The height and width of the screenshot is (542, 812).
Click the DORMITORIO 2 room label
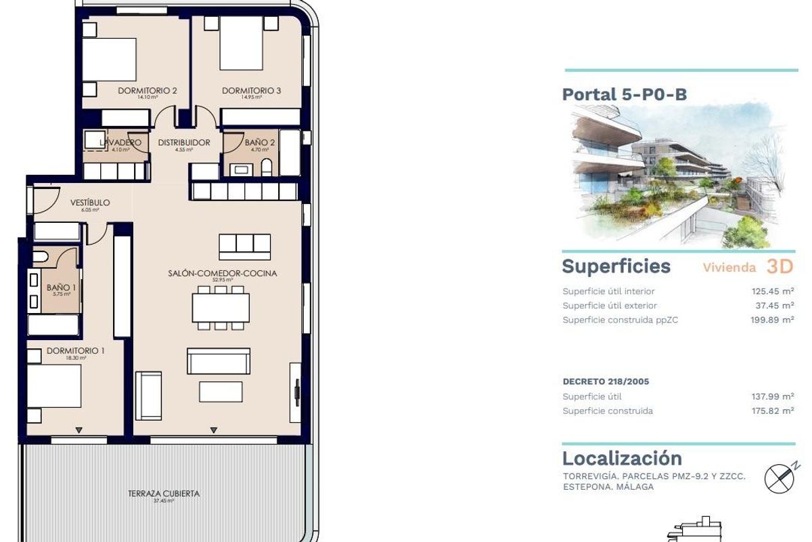pyautogui.click(x=148, y=91)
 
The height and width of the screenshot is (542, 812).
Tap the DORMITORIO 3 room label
pyautogui.click(x=251, y=91)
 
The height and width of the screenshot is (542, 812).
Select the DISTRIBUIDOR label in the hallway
pyautogui.click(x=184, y=142)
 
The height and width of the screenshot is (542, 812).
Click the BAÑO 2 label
pyautogui.click(x=260, y=142)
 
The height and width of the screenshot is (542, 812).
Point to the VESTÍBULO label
pyautogui.click(x=90, y=203)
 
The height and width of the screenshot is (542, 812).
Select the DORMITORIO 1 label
pyautogui.click(x=75, y=351)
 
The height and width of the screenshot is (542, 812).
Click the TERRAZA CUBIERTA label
pyautogui.click(x=164, y=494)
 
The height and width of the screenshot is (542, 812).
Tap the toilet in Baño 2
pyautogui.click(x=267, y=167)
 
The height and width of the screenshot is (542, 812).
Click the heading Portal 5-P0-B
pyautogui.click(x=624, y=94)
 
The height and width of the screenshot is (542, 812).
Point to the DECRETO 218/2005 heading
pyautogui.click(x=606, y=381)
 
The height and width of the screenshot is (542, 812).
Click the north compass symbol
pyautogui.click(x=780, y=478)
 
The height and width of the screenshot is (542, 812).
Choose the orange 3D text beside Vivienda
pyautogui.click(x=779, y=266)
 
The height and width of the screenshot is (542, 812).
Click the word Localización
pyautogui.click(x=622, y=458)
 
